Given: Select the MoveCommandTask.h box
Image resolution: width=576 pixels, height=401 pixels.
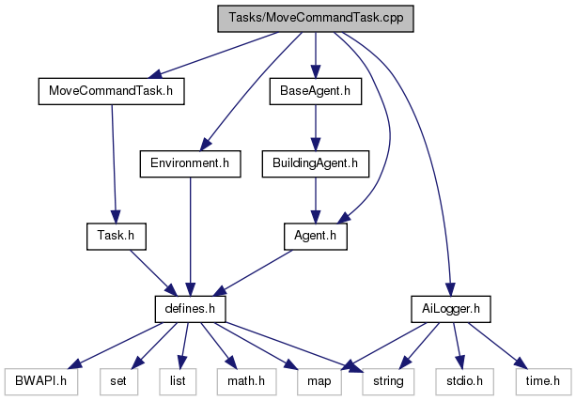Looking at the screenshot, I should pos(111,91).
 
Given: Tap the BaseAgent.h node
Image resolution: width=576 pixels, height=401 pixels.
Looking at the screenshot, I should pos(316,91).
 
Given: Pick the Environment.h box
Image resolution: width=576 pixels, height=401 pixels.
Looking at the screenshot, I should pos(190,163).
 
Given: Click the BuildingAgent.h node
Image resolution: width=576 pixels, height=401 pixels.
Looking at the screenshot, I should pos(316,163).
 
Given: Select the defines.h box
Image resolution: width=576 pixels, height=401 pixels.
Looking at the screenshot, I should pos(190,308).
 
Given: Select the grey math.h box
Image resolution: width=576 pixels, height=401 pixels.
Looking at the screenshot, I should pos(241,380).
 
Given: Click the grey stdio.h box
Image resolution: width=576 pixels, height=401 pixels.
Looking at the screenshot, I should pos(459,380).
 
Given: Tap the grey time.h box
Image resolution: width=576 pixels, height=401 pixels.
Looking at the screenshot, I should pos(542,380).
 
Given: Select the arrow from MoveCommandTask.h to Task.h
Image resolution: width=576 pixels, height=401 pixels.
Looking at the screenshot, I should pos(113,163).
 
